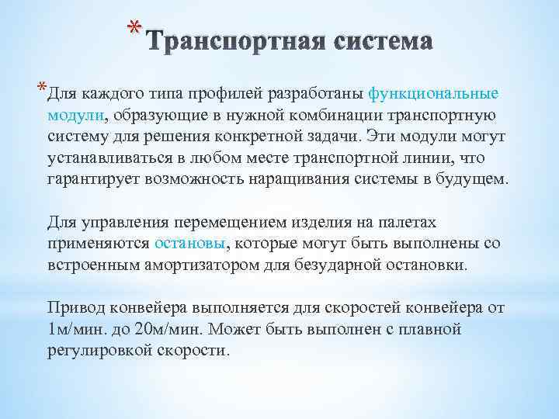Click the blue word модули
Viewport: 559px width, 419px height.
click(x=76, y=116)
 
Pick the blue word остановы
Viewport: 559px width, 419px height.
click(x=190, y=243)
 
